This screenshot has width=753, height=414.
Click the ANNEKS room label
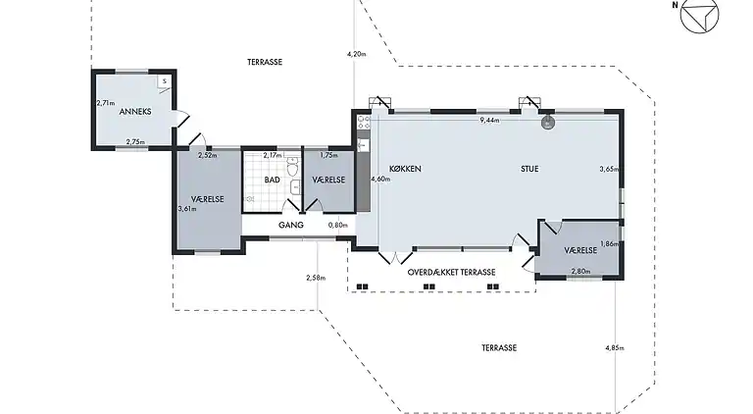[x=135, y=112]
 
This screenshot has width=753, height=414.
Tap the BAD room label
[x=272, y=180]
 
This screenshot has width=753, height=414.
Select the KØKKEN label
[x=405, y=169]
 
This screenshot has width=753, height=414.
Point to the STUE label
[x=529, y=169]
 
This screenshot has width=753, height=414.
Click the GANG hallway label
[x=291, y=225]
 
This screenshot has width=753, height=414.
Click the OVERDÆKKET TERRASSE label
[x=451, y=273]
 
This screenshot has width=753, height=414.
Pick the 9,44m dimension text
[x=489, y=120]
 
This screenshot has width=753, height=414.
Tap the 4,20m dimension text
[x=356, y=54]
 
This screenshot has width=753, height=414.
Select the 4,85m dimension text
[x=615, y=347]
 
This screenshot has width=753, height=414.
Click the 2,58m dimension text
[x=316, y=278]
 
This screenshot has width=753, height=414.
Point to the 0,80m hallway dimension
[x=338, y=225]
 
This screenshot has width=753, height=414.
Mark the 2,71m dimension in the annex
[x=106, y=103]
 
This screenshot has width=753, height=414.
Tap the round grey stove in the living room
[x=547, y=123]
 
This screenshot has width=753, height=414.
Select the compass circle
[x=700, y=14]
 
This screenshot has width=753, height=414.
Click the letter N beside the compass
[x=676, y=5]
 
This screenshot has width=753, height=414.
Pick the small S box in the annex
[x=164, y=81]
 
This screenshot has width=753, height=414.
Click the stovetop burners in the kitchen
[x=364, y=122]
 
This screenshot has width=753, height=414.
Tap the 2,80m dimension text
[x=580, y=272]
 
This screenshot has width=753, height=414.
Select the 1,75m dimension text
[x=329, y=155]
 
